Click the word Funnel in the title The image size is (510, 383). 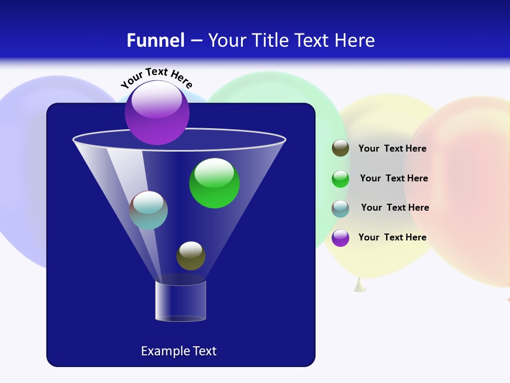point(156,40)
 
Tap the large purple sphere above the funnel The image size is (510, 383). point(157,112)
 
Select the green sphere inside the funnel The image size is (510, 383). point(214,184)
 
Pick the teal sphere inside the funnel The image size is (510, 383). point(148,210)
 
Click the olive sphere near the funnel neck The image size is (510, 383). point(191,256)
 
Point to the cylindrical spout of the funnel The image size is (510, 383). point(181,301)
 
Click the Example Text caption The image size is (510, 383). point(178,351)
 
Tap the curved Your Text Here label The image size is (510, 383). point(156,78)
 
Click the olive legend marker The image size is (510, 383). point(341,148)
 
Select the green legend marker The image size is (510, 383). point(341,179)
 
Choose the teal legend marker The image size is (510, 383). point(341,209)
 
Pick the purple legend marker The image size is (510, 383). point(341,238)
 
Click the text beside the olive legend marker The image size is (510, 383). point(392,149)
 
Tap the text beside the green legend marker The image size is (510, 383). point(394,179)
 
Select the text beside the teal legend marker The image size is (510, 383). point(395,208)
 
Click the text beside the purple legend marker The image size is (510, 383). point(392,237)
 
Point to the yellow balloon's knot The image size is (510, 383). point(360,286)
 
